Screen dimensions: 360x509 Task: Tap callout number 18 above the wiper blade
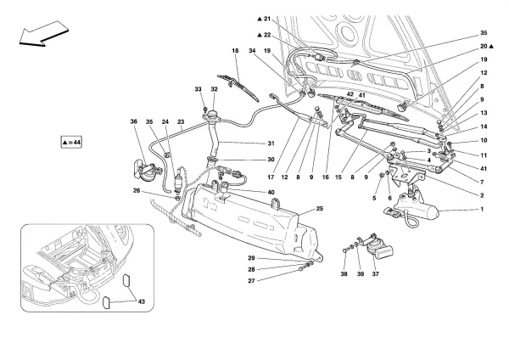236,52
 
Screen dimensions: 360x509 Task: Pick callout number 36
134,123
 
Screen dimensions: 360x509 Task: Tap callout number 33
199,89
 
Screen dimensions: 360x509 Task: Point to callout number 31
272,143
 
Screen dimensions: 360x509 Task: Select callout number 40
272,192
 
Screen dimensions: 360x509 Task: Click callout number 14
484,126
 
